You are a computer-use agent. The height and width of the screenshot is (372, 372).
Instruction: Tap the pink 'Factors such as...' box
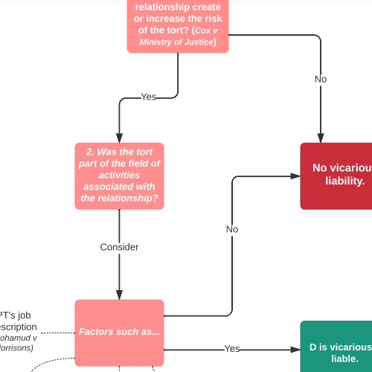click(119, 332)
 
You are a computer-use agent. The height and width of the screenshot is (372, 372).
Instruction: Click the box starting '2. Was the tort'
click(119, 175)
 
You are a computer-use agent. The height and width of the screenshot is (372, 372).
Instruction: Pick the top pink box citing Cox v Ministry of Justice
click(178, 26)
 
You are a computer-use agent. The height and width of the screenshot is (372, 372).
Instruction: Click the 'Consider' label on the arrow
click(119, 246)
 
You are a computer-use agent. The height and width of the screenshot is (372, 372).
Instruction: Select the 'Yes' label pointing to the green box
click(232, 348)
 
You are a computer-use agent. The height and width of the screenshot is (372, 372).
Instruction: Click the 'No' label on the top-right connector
click(321, 79)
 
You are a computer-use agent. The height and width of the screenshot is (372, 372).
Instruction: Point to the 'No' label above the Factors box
click(232, 229)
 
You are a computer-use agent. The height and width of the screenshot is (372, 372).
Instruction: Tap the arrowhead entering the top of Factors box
click(119, 295)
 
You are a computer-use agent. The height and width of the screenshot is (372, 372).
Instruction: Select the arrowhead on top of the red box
click(321, 138)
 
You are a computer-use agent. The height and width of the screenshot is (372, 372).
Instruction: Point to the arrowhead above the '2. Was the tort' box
click(119, 138)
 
